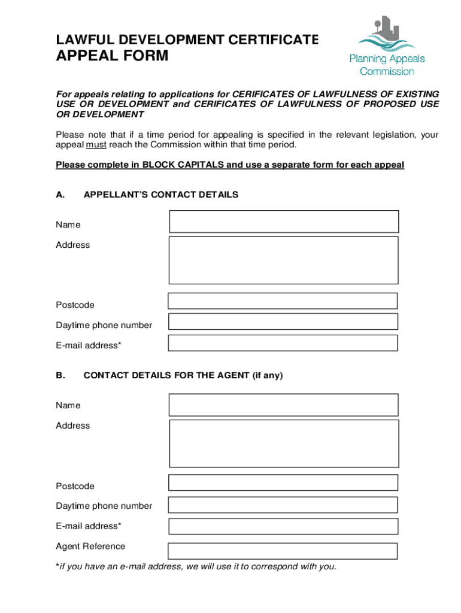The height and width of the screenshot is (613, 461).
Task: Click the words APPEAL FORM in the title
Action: click(x=112, y=57)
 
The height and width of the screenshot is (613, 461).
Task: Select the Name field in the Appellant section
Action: click(x=284, y=221)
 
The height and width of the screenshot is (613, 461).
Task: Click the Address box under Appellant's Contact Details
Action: click(x=284, y=260)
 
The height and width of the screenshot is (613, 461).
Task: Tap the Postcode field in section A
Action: click(x=283, y=301)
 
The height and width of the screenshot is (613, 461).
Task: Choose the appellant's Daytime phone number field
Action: click(x=283, y=321)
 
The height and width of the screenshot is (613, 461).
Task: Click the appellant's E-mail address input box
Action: click(x=283, y=343)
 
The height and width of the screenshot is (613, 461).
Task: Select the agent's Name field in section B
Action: click(x=283, y=405)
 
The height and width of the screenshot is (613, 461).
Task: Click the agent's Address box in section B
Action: click(x=284, y=443)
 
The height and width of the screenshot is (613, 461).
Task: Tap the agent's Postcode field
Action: click(x=283, y=482)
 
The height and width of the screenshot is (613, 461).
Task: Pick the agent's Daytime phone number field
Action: click(x=283, y=505)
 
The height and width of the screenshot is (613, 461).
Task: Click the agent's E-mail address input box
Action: click(x=283, y=526)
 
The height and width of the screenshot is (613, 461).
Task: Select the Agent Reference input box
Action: click(x=283, y=551)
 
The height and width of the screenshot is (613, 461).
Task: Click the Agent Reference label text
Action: click(x=90, y=546)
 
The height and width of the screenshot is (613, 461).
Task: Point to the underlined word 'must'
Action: click(x=96, y=145)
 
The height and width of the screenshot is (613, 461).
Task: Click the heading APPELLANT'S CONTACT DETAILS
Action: click(x=161, y=195)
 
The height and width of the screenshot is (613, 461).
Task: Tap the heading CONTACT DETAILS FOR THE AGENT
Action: click(x=183, y=376)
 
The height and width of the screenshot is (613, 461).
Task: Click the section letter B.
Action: click(x=60, y=376)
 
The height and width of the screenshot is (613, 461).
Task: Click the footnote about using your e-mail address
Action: click(x=196, y=567)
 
